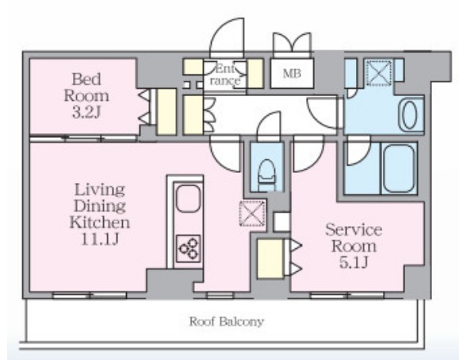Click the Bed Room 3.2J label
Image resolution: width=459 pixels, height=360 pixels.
tap(86, 96)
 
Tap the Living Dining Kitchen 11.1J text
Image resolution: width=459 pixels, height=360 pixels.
tap(100, 214)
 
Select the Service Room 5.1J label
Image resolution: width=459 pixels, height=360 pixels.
tap(354, 246)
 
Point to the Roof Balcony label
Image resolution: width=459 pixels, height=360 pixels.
tap(226, 322)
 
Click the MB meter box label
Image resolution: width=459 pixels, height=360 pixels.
tap(292, 74)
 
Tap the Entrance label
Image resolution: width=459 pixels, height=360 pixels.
tap(225, 75)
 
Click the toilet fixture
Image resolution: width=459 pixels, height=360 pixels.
tap(266, 175)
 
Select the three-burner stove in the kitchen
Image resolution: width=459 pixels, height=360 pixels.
tap(188, 248)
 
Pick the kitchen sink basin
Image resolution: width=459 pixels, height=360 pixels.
tap(188, 198)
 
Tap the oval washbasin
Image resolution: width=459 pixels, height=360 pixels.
tap(409, 115)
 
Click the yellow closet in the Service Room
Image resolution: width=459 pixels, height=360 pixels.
tap(270, 259)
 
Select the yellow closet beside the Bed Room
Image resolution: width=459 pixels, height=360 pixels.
tap(166, 112)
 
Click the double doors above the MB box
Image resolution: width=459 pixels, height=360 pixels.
tap(292, 44)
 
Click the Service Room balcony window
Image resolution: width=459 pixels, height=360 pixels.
tap(347, 295)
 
